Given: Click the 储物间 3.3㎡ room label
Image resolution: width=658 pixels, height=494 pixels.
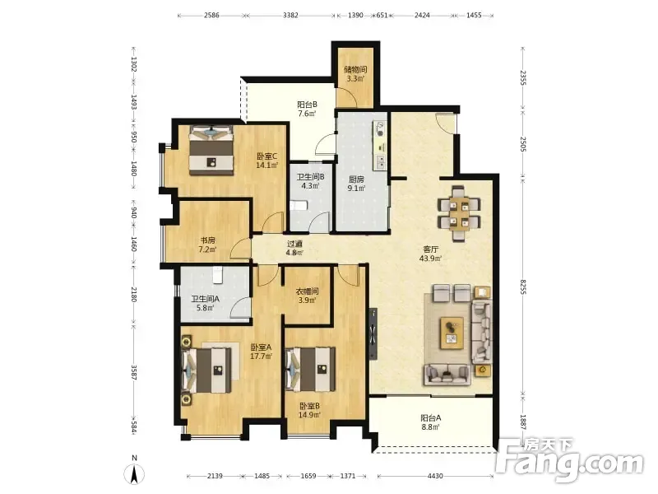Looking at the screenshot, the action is pos(355,73).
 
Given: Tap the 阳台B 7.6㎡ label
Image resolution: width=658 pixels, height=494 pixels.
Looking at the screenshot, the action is pos(307,109).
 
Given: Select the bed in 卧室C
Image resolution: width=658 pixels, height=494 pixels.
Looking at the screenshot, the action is pos(211,150).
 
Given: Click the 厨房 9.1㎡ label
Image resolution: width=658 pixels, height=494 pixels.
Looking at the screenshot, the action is pos(356,184).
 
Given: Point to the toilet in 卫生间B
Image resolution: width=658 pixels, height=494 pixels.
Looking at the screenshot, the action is pos(299,205).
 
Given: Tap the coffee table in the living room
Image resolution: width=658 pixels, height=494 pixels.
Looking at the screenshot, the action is pos(452,333).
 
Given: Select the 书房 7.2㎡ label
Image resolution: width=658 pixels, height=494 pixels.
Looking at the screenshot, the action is pos(207,245).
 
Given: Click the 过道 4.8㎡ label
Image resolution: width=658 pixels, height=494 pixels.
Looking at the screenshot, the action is pos(294,248).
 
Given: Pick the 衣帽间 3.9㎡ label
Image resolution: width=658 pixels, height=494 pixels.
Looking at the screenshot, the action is pos(307,296).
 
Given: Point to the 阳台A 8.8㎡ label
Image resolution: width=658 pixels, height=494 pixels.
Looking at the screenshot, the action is pos(430,422).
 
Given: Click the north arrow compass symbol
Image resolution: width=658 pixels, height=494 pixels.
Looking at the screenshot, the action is pos(134,473).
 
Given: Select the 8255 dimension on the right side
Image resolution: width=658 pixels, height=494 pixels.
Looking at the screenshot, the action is pos(523,287).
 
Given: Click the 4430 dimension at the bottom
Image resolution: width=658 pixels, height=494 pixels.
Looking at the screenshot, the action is pos(435,476).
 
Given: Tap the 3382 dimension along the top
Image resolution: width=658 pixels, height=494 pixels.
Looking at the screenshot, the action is pos(290,16).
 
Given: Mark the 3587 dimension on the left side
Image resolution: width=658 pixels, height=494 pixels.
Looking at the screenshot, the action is pos(133,372).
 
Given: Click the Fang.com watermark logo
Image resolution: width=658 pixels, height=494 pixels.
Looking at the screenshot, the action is pos(569,460).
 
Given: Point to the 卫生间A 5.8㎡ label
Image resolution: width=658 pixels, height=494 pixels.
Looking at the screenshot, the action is pos(205,303).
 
